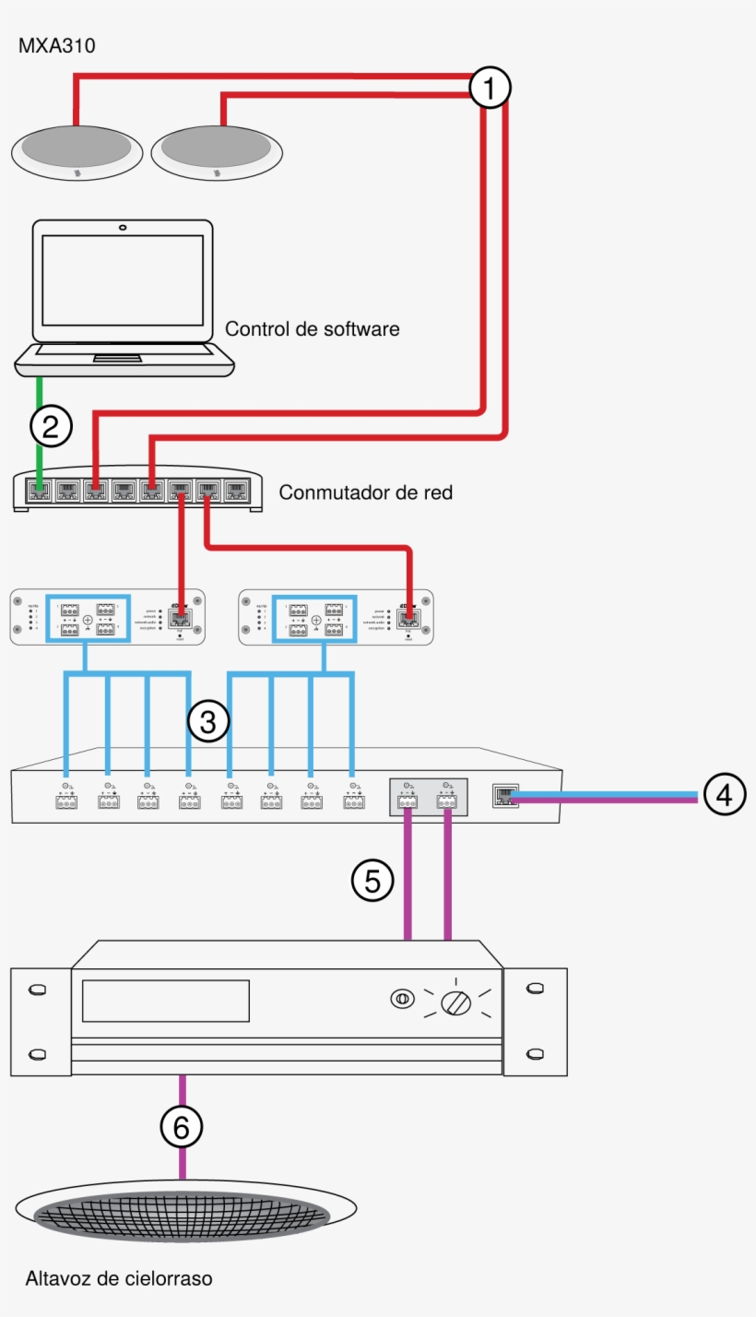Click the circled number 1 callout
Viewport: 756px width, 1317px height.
[489, 89]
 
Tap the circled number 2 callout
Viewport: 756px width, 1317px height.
[51, 425]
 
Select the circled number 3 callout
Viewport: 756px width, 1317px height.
[208, 722]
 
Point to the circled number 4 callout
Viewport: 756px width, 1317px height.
[725, 794]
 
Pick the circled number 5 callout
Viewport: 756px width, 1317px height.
[372, 881]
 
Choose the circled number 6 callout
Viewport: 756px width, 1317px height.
[181, 1126]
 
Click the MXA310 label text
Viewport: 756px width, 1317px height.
[57, 45]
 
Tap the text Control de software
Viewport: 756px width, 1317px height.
[313, 328]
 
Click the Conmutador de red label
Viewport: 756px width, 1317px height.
[366, 492]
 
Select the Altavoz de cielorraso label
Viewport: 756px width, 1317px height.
[119, 1278]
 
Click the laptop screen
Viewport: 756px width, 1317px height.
[123, 279]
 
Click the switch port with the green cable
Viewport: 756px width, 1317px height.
[39, 490]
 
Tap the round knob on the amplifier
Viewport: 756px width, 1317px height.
[456, 1001]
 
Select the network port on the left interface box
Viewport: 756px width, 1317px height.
[182, 619]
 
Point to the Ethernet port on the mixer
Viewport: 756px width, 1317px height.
[506, 796]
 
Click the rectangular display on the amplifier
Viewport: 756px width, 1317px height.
[166, 1001]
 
